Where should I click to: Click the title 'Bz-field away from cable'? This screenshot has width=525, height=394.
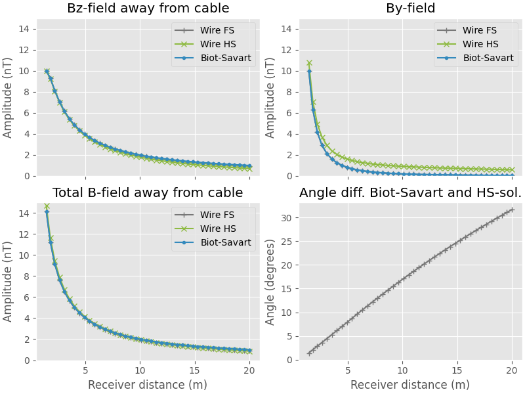click(148, 9)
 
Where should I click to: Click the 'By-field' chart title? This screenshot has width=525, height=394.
click(410, 9)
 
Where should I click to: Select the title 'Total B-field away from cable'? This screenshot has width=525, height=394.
click(148, 193)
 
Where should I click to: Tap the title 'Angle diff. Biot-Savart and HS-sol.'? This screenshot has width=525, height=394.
click(410, 193)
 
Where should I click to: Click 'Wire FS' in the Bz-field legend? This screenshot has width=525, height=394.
click(217, 30)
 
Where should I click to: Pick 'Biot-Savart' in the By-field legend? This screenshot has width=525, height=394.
click(488, 58)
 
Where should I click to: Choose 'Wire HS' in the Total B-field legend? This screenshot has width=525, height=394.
click(217, 229)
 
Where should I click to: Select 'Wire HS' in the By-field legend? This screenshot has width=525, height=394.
click(480, 44)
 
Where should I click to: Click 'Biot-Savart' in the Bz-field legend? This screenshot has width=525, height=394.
click(226, 58)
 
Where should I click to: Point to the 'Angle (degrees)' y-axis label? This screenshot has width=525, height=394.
click(270, 282)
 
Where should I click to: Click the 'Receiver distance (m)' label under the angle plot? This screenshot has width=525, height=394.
click(410, 385)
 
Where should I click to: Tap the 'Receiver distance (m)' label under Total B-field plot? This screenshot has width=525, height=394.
click(148, 385)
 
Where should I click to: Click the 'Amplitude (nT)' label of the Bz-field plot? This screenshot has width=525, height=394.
click(8, 97)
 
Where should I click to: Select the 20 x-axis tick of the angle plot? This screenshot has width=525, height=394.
click(512, 370)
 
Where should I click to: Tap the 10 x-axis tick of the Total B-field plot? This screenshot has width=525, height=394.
click(139, 370)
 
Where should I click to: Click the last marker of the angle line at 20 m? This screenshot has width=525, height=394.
click(512, 210)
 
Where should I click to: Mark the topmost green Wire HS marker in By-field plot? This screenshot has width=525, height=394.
click(309, 63)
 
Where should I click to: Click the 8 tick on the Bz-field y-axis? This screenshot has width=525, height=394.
click(28, 92)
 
